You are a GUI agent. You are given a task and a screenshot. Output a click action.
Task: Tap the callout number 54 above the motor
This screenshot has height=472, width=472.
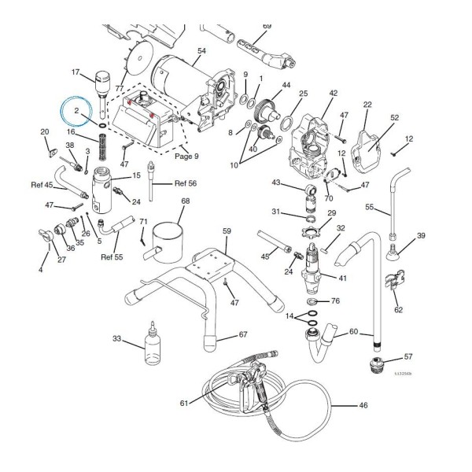point(201,51)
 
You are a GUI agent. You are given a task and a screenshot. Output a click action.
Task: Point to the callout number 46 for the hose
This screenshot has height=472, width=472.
point(363,406)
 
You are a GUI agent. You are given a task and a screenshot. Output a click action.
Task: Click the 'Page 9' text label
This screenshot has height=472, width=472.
point(186,156)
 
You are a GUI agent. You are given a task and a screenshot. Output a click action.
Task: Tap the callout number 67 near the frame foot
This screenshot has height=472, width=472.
point(243,335)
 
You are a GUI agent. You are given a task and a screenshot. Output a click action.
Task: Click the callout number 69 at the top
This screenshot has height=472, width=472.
point(267,27)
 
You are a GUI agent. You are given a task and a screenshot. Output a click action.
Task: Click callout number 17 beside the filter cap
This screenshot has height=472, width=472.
point(76,73)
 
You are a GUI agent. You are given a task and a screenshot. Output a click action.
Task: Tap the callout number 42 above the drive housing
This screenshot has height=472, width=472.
point(333,94)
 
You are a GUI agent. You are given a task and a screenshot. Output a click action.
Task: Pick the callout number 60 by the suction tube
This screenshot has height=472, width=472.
point(353,331)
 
